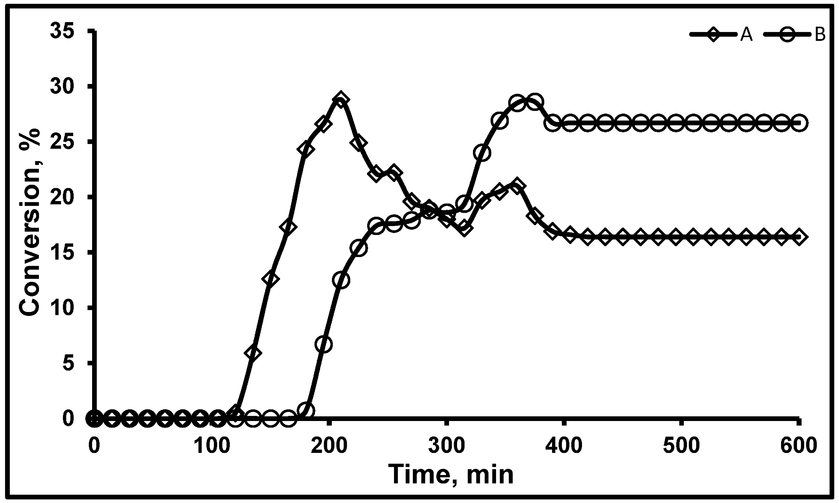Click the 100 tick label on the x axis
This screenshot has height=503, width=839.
[211, 446]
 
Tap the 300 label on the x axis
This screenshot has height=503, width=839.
[446, 446]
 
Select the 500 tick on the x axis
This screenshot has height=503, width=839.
[682, 446]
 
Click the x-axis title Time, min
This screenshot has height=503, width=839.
[451, 474]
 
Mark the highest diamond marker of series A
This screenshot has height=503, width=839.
[341, 99]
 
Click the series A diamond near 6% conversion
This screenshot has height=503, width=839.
[253, 353]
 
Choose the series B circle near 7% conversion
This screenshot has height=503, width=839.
[323, 344]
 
